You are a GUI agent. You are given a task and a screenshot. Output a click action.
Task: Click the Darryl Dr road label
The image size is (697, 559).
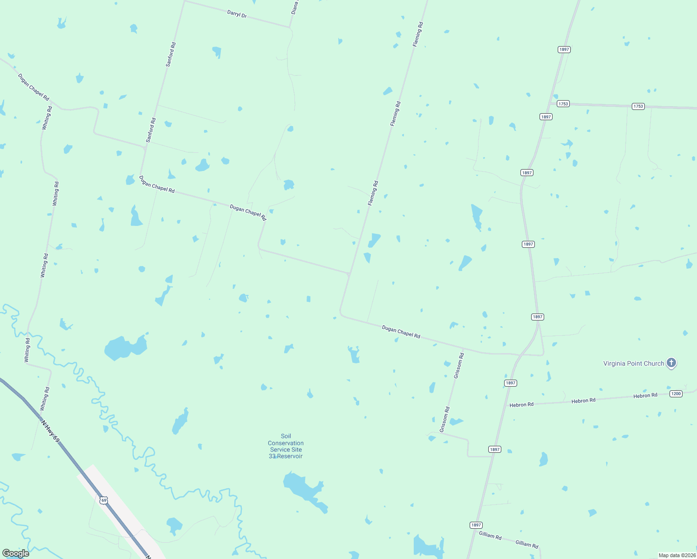point(237,14)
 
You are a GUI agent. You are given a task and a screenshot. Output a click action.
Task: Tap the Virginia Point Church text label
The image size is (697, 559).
point(633,363)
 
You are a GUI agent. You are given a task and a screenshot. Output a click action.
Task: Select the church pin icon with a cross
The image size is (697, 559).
point(671,362)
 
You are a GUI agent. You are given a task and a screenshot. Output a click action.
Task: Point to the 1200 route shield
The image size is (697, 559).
point(676,394)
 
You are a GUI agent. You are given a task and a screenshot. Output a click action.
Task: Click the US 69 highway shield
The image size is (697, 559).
point(103,500)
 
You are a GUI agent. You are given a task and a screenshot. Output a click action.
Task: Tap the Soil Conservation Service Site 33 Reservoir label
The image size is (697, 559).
point(286,446)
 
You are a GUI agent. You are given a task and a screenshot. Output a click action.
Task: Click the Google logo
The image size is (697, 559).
point(16,553)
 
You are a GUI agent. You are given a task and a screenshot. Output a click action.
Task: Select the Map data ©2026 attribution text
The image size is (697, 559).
point(676,555)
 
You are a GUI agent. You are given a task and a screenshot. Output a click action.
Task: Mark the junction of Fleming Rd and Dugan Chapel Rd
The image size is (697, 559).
point(349,274)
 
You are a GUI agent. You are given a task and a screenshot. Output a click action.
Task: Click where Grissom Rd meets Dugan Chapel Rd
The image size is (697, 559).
point(464,348)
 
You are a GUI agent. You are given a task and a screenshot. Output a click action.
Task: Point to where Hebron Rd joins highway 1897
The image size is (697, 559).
point(506,405)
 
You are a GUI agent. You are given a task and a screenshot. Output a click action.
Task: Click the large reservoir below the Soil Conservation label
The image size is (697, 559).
point(303,489)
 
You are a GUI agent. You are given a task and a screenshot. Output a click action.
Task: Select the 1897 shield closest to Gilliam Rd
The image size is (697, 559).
point(476,525)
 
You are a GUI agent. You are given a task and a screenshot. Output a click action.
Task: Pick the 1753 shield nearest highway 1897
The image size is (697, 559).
point(563,104)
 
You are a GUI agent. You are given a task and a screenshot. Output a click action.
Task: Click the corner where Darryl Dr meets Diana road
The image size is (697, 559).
point(290,27)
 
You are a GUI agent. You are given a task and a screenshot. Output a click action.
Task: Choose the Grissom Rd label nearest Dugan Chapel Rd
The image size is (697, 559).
point(458,365)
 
